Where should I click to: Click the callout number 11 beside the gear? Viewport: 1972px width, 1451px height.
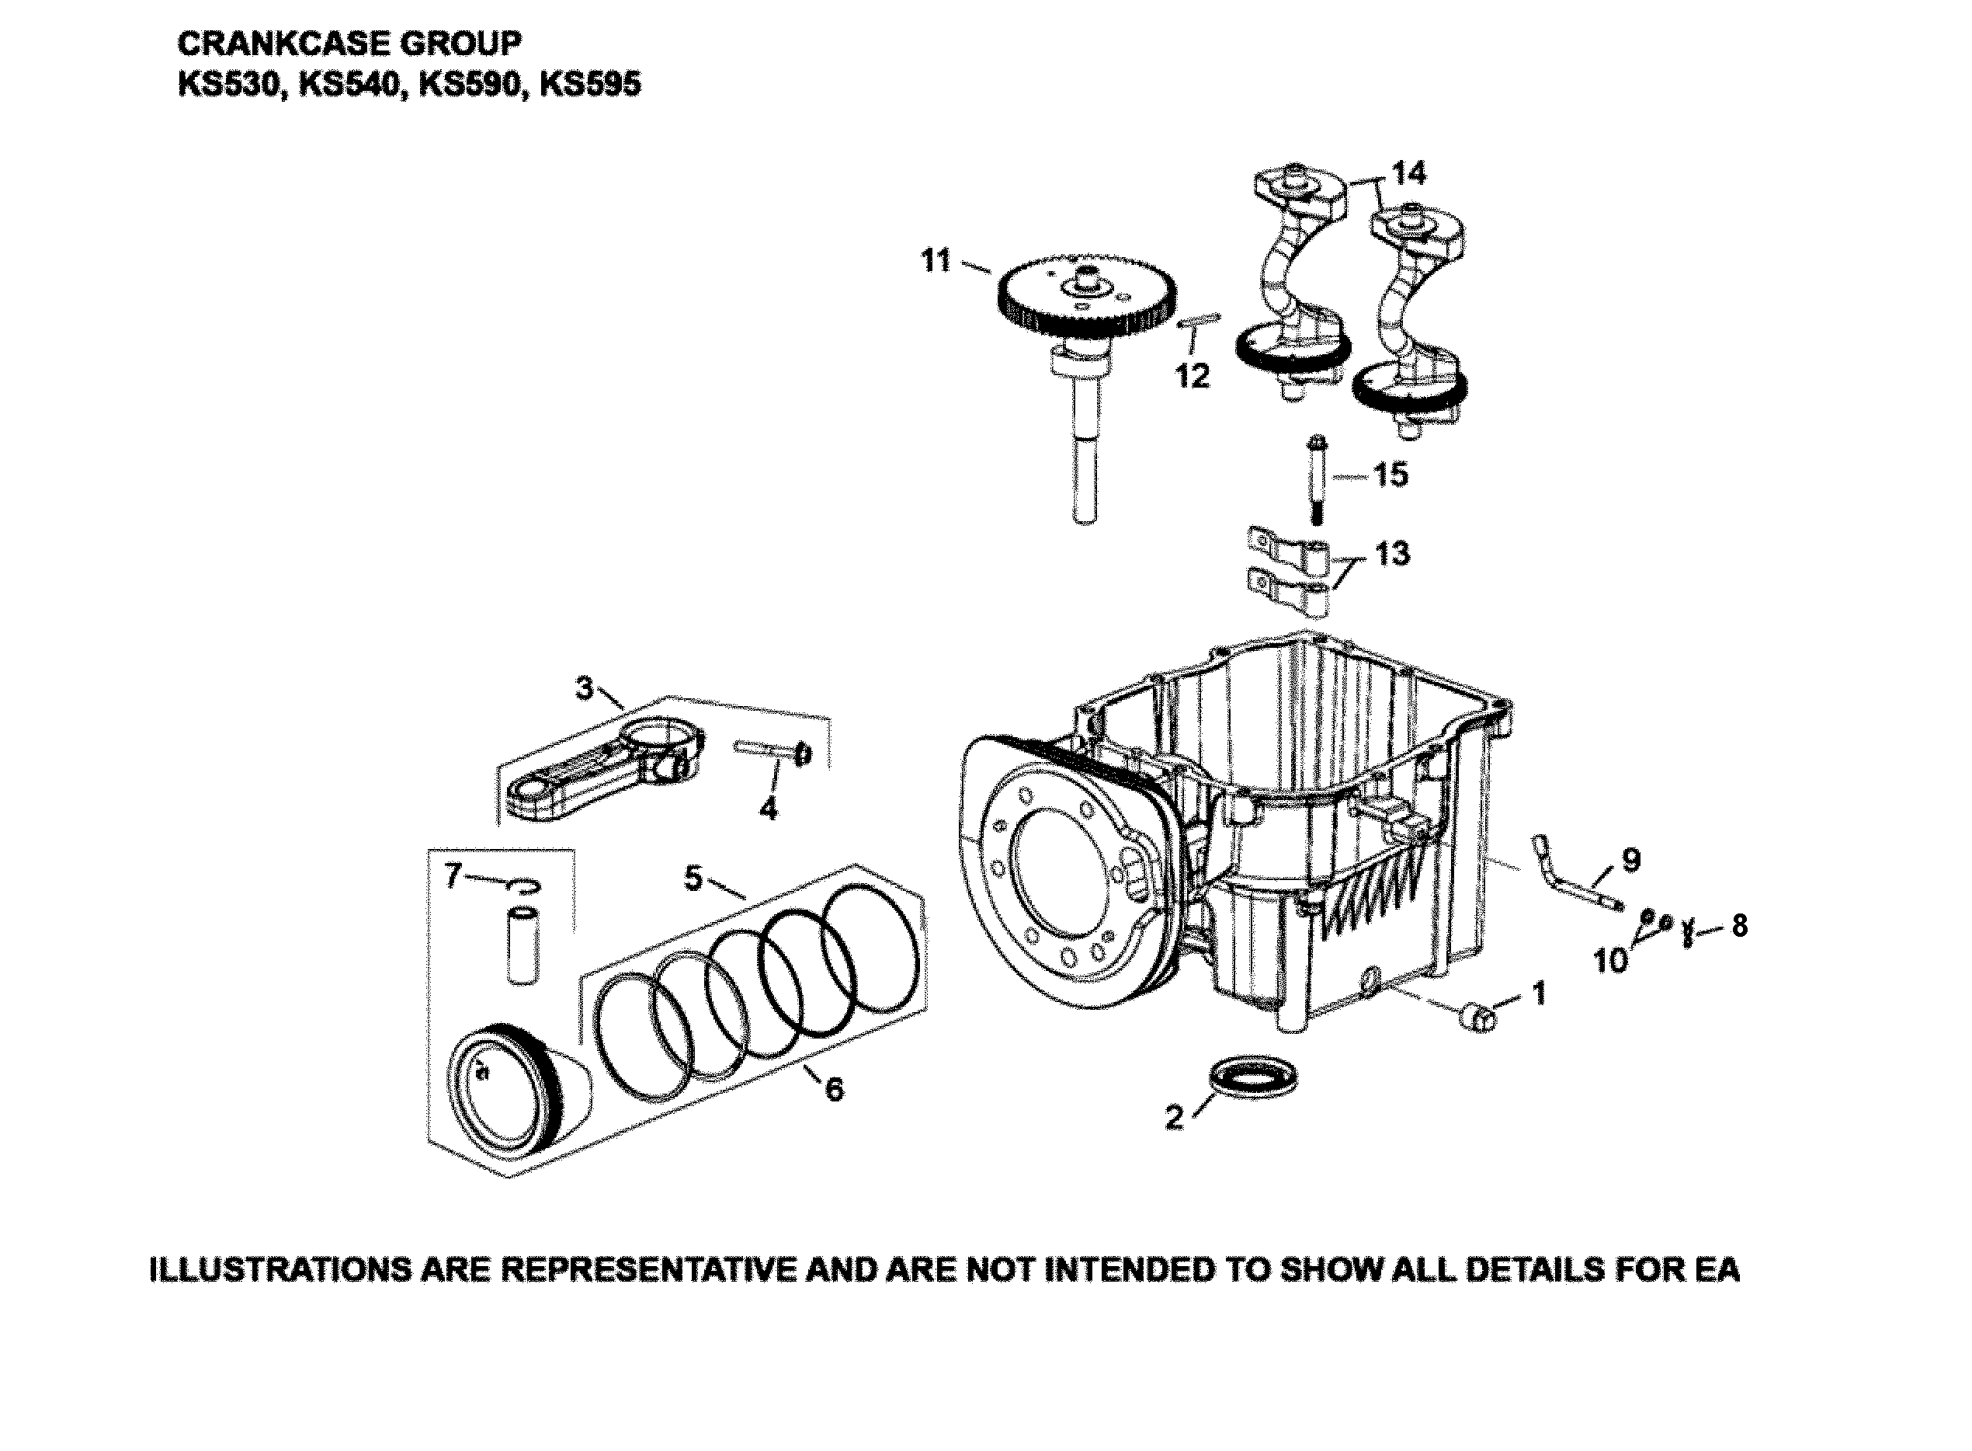936,261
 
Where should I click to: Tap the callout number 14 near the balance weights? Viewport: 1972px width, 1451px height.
1408,172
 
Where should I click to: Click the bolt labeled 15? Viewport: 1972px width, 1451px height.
1318,479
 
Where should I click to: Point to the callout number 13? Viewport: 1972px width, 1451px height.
1391,555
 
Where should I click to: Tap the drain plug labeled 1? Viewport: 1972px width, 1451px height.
1477,1018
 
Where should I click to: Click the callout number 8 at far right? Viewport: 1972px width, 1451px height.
1739,926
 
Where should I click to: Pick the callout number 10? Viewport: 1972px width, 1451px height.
1610,961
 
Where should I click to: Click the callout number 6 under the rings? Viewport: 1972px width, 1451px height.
833,1089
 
